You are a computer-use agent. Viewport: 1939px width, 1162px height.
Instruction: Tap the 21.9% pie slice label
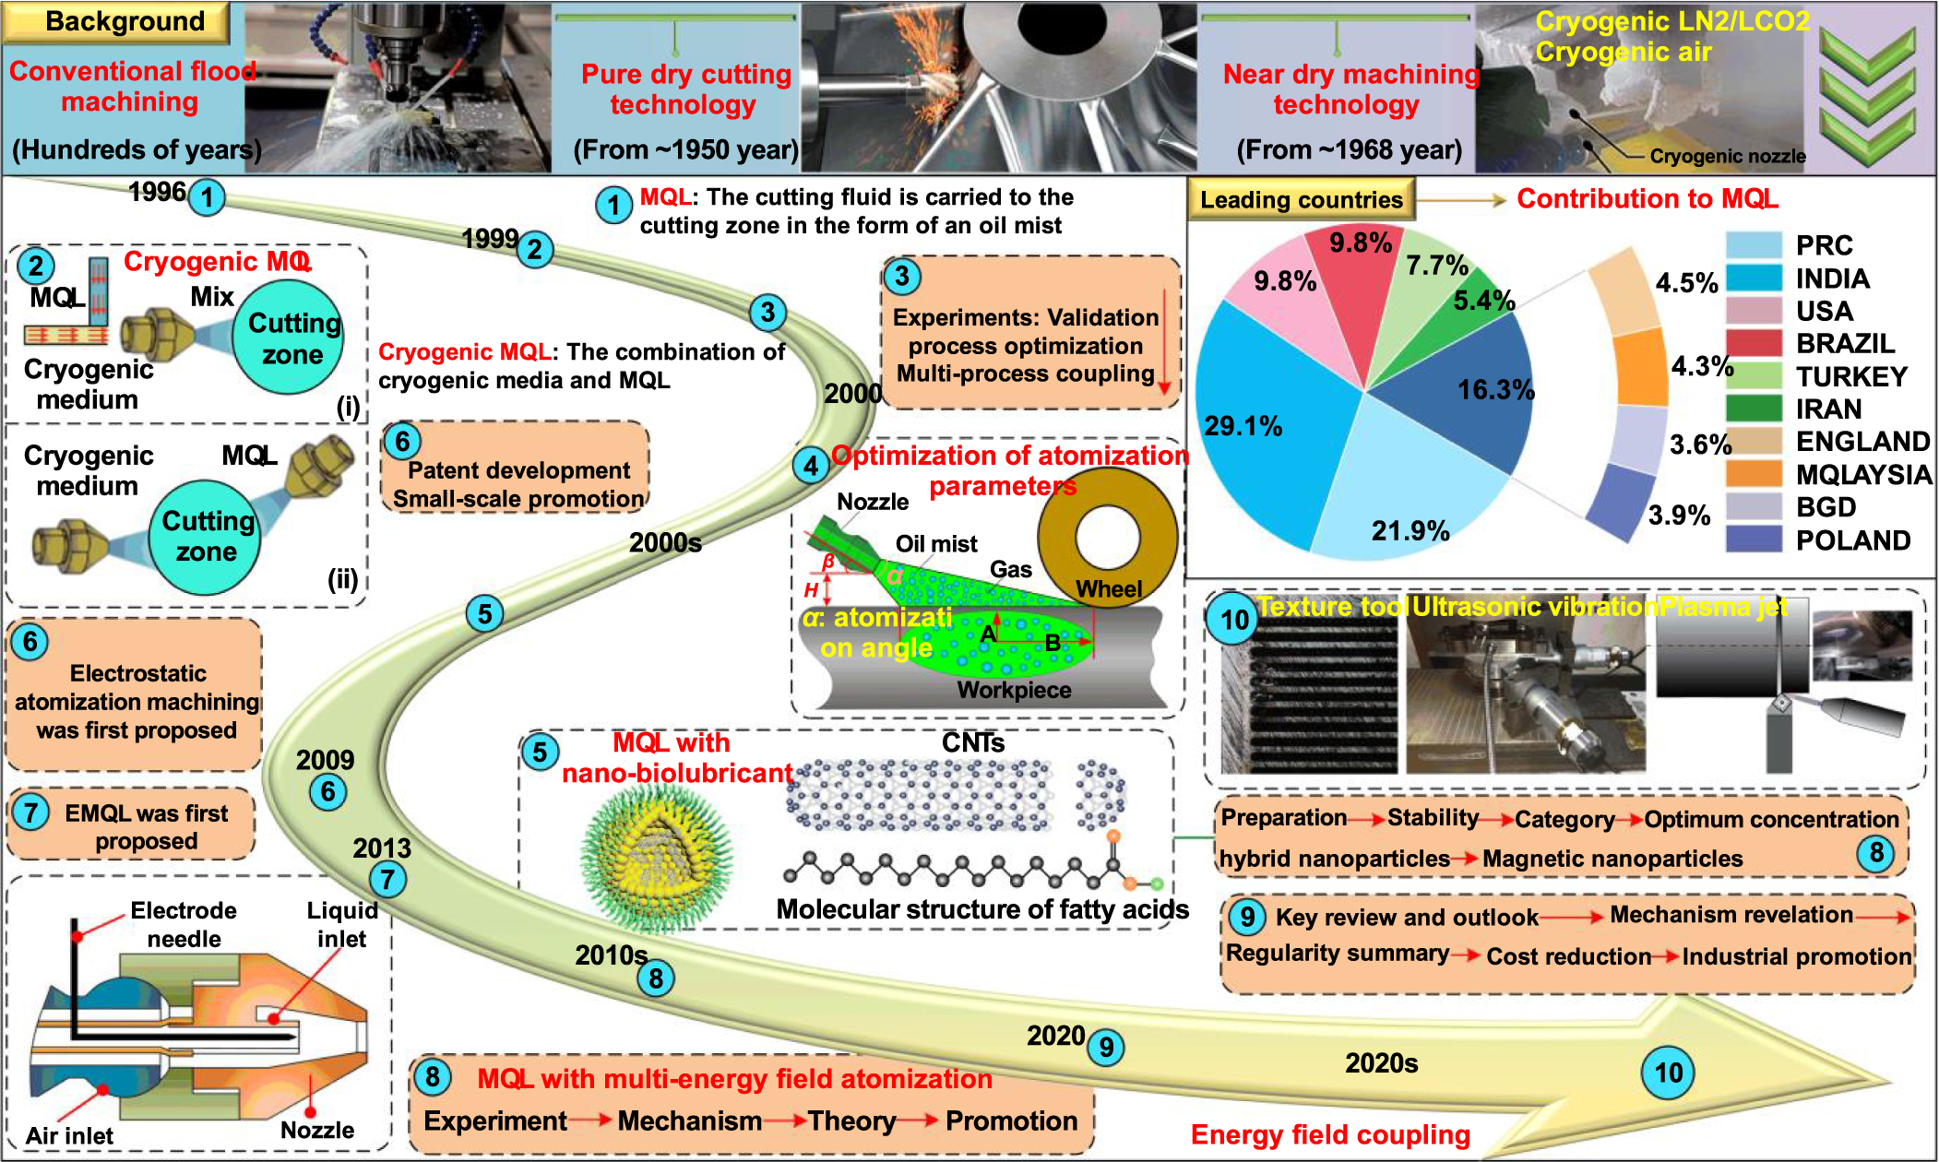pos(1410,530)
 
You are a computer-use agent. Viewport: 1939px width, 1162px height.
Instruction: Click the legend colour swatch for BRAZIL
pos(1753,343)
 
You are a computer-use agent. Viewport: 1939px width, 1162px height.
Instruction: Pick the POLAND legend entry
pos(1852,540)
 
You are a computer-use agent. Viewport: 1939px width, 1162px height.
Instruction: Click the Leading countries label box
pos(1301,200)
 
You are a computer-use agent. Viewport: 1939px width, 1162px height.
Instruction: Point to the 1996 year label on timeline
pos(157,192)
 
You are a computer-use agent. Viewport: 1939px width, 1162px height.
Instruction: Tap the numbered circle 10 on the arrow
pos(1668,1073)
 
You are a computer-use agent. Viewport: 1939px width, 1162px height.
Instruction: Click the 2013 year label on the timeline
pos(381,848)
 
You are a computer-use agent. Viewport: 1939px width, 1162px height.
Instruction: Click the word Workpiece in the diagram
pos(1014,690)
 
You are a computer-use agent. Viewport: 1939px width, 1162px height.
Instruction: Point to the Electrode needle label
pos(184,924)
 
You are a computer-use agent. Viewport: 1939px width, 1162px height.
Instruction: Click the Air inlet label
pos(69,1135)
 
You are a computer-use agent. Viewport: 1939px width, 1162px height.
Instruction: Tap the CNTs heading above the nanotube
pos(972,742)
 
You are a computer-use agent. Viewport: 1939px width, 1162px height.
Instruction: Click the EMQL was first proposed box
pos(131,825)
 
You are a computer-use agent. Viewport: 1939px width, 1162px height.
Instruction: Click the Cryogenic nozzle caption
pos(1727,156)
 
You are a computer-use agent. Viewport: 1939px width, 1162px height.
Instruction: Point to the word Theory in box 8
pos(851,1120)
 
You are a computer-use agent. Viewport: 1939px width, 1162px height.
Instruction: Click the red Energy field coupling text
pos(1329,1134)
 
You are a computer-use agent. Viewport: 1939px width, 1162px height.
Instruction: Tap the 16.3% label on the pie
pos(1494,389)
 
